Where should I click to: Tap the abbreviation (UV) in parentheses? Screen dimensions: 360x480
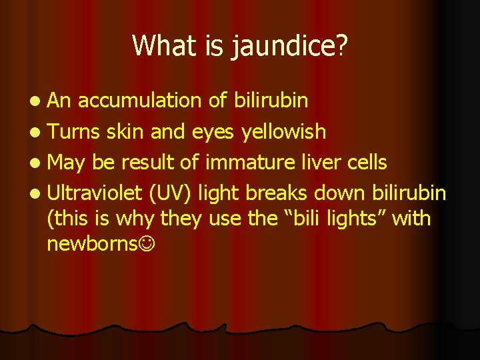click(172, 193)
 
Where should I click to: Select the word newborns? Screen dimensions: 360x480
click(92, 243)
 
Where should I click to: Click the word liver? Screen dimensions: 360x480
click(319, 161)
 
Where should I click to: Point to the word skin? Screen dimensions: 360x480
click(123, 131)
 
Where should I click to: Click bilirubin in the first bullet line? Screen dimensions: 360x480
click(271, 100)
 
